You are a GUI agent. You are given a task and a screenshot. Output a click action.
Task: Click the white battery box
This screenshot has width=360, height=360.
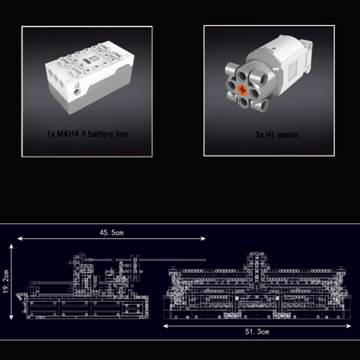pos(88,76)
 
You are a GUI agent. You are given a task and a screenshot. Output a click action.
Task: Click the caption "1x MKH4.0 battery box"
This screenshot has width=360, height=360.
pos(87,134)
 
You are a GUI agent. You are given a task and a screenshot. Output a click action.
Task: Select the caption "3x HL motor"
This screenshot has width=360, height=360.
pos(277,135)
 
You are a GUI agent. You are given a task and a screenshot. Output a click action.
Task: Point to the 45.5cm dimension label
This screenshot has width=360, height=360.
pos(112,233)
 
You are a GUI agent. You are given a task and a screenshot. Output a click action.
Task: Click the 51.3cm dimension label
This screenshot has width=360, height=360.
pos(257,331)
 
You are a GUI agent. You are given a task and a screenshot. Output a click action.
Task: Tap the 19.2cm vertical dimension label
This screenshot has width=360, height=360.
pos(6,281)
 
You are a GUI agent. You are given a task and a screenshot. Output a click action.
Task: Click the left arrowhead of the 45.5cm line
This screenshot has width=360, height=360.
pos(20,239)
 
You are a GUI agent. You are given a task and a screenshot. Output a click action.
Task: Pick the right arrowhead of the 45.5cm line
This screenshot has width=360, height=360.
pos(203,239)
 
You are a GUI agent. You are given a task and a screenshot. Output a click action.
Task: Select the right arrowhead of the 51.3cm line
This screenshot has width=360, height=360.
pos(349,326)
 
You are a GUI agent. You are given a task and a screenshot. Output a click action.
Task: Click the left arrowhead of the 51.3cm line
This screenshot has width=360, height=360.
pos(165,326)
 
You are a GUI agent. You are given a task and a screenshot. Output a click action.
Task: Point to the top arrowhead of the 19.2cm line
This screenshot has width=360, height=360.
pos(11,247)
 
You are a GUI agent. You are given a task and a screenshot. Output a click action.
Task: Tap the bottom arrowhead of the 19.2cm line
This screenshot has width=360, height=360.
pos(11,317)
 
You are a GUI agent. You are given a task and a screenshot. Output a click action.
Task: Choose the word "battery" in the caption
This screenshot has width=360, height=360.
pos(100,134)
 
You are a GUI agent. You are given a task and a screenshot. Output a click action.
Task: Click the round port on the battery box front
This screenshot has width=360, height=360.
pos(77,93)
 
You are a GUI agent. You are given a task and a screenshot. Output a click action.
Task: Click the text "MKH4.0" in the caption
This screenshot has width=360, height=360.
pos(71,134)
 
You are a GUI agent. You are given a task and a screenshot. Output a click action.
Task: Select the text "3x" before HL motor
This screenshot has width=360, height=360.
pos(259,135)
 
